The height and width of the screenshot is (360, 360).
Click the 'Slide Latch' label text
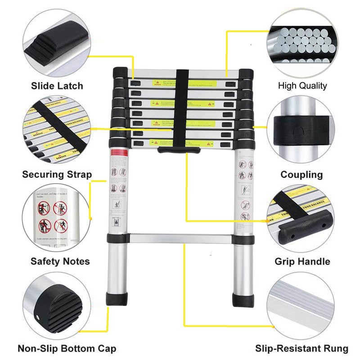point(57,85)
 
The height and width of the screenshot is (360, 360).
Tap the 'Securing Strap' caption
point(57,174)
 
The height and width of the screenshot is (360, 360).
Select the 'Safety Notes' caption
point(60,261)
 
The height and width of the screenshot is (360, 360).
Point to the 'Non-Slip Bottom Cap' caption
point(67,348)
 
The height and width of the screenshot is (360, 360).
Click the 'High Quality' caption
point(302,85)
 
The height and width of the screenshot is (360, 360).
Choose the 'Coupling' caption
point(301,174)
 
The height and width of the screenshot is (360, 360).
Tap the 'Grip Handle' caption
point(302,261)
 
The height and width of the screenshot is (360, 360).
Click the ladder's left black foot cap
point(116,298)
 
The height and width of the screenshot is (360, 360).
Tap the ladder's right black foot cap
point(243,299)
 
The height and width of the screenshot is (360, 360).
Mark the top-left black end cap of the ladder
point(120,73)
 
